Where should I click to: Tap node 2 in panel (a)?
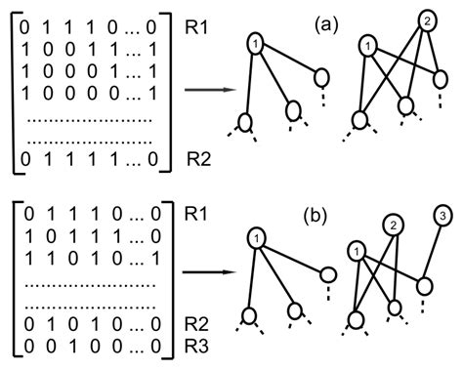(x=426, y=20)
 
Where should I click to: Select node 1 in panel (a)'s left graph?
(x=254, y=44)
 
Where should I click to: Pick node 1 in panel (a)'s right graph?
(x=366, y=45)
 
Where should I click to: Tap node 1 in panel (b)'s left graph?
(x=253, y=239)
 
